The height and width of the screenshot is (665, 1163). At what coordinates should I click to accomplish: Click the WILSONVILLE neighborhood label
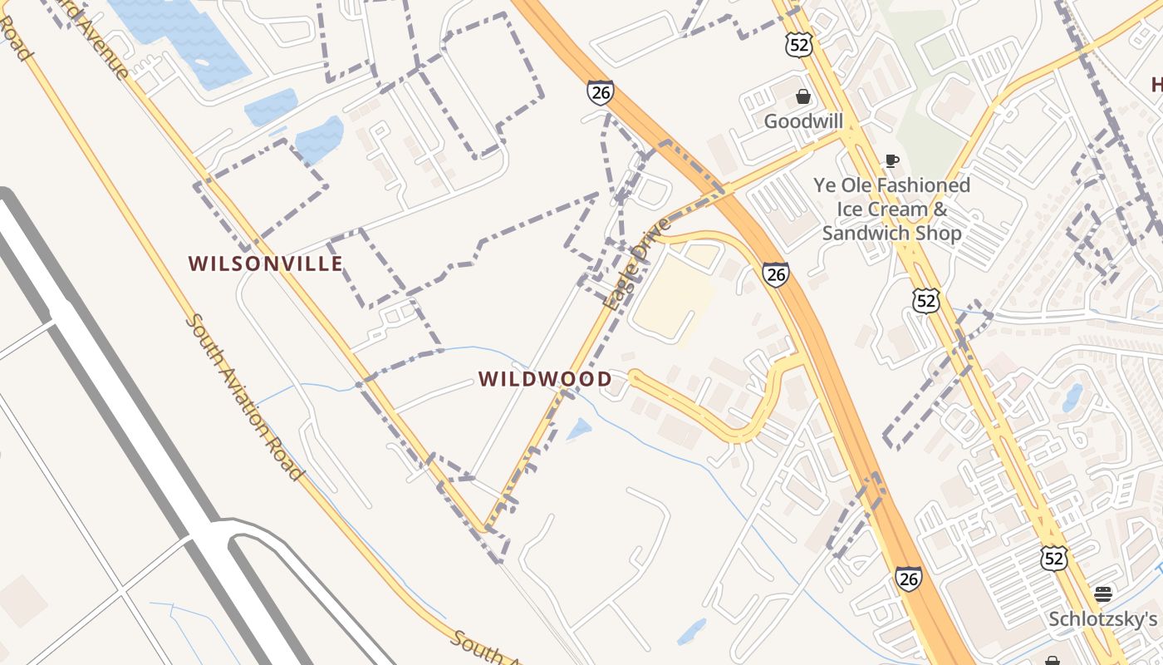coord(265,264)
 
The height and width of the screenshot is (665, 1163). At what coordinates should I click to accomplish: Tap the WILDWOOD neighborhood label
coord(545,380)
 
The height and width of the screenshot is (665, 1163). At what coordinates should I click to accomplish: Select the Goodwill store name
coord(803,121)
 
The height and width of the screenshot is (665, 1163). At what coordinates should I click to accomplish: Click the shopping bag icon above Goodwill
coord(803,96)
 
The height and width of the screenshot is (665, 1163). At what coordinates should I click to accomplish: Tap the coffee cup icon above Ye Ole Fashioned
coord(891,160)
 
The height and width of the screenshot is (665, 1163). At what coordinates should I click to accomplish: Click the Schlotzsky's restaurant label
coord(1102,619)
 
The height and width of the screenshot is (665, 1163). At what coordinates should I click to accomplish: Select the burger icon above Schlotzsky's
coord(1103,594)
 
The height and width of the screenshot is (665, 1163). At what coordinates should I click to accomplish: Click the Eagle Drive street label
coord(637,264)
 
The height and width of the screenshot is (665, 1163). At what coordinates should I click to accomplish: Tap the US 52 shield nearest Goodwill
coord(798,45)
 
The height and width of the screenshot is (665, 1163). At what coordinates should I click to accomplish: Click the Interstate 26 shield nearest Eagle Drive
coord(775,273)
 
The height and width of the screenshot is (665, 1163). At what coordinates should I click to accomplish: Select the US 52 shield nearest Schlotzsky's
coord(1053,557)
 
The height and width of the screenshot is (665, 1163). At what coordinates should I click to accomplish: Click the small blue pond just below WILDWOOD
coord(579,430)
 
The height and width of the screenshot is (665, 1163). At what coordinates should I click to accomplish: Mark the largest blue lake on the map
coord(179,37)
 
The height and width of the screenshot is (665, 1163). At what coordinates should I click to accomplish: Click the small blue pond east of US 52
coord(1072,397)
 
